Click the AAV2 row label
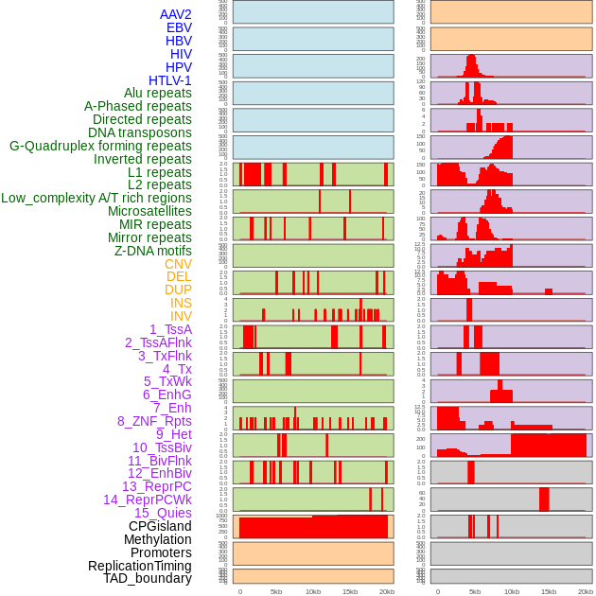click(x=176, y=14)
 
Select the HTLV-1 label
click(x=170, y=80)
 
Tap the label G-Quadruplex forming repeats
click(x=100, y=146)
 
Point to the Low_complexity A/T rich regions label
click(x=96, y=198)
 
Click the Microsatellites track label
click(x=149, y=211)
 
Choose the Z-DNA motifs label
click(x=153, y=251)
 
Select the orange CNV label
click(x=178, y=264)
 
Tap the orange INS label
click(x=181, y=303)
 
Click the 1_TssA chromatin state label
click(x=170, y=329)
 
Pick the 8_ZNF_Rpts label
click(x=154, y=421)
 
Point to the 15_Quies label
click(x=163, y=513)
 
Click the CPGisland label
click(x=160, y=526)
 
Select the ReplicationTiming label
click(x=139, y=566)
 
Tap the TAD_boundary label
click(x=148, y=578)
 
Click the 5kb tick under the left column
click(x=276, y=591)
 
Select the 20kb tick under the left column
click(x=387, y=591)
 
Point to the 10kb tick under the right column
click(x=512, y=591)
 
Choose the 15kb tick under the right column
click(x=549, y=591)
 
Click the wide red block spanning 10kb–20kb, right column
click(x=549, y=445)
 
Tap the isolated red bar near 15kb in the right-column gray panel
click(x=544, y=499)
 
